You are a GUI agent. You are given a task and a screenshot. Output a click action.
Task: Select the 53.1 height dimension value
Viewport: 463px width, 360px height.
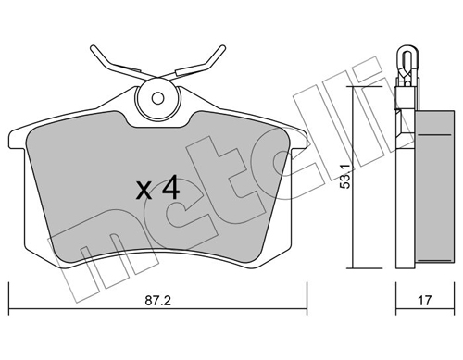pyautogui.click(x=344, y=175)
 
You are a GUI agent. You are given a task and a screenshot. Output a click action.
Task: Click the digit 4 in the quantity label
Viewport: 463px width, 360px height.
pyautogui.click(x=169, y=189)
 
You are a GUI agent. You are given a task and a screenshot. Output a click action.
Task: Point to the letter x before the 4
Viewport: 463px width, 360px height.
pyautogui.click(x=144, y=192)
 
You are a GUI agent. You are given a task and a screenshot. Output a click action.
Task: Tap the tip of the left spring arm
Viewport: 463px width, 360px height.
pyautogui.click(x=93, y=49)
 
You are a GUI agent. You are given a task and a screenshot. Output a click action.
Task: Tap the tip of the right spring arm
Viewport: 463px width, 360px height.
pyautogui.click(x=223, y=49)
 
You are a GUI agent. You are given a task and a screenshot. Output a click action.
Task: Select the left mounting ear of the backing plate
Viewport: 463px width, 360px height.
pyautogui.click(x=17, y=139)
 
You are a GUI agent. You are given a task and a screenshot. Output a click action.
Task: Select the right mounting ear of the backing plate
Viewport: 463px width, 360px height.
pyautogui.click(x=298, y=139)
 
